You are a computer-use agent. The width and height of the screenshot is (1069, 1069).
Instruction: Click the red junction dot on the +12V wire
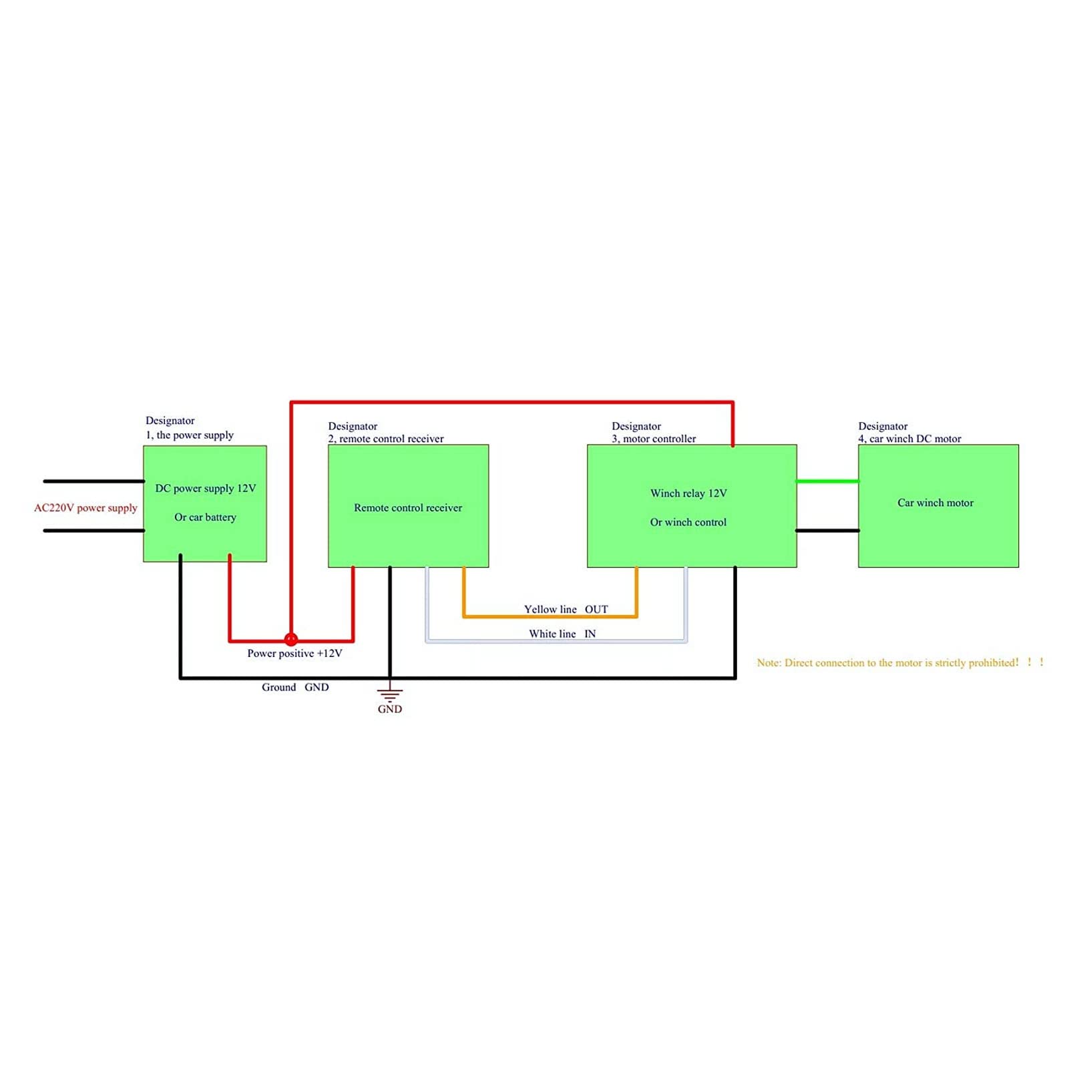pos(291,639)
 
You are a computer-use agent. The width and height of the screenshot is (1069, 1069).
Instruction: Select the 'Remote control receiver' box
pos(409,506)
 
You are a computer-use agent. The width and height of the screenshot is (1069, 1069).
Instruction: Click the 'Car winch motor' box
pos(938,506)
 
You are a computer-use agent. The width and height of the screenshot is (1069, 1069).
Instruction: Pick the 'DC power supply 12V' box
pos(205,503)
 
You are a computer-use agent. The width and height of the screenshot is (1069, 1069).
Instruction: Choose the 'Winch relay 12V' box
pos(692,506)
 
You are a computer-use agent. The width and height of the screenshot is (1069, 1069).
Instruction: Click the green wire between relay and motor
pos(828,481)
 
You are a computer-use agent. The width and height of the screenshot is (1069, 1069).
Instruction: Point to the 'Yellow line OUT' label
pos(566,609)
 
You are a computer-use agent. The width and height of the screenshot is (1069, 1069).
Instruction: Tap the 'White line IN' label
pos(562,634)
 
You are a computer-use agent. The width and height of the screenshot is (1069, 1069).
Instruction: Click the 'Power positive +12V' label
pos(294,653)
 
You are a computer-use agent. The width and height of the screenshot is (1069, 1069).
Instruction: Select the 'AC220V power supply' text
pos(85,507)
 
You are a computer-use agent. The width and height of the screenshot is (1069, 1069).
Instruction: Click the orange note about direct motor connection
pos(900,662)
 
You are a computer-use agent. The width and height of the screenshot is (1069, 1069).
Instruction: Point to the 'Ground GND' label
pos(295,687)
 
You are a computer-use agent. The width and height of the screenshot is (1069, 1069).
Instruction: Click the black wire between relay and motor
pos(828,531)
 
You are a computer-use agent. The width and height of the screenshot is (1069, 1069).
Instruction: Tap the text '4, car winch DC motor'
pos(909,439)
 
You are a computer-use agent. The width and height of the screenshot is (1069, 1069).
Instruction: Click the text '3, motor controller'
pos(654,439)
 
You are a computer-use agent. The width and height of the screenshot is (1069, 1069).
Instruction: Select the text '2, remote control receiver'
pos(386,439)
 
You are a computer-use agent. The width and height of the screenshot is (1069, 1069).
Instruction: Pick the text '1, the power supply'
pos(190,435)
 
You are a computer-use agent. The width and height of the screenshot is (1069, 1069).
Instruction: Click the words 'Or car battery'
pos(205,517)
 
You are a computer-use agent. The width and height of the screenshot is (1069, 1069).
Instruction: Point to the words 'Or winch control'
pos(688,522)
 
